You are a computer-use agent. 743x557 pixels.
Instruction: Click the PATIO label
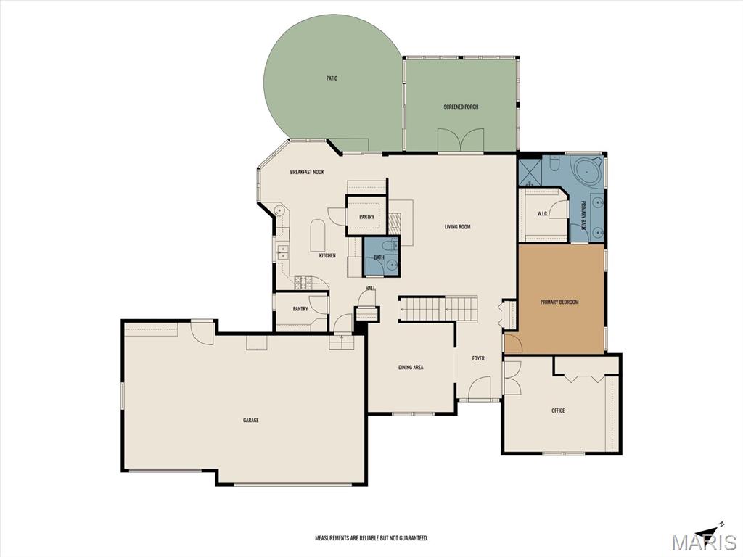point(332,78)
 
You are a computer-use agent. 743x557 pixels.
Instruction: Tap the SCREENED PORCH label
point(461,107)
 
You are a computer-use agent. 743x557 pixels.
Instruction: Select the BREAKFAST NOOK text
point(307,172)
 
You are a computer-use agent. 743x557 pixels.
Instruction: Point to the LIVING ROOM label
point(457,227)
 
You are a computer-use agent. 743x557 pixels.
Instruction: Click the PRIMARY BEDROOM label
point(559,302)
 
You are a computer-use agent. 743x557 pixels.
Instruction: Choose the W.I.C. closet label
point(543,214)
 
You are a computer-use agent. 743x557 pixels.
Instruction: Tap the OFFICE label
point(558,410)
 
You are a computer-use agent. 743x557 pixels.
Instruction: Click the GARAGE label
point(250,420)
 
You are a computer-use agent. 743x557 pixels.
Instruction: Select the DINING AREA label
point(411,367)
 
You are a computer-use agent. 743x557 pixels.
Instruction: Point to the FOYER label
point(478,358)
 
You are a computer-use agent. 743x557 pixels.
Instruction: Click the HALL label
point(371,288)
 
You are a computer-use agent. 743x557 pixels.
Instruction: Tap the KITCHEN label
point(327,256)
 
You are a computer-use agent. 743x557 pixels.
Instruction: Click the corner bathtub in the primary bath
point(588,171)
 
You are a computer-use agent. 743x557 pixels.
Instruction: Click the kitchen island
point(318,236)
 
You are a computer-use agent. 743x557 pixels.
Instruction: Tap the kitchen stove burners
point(303,283)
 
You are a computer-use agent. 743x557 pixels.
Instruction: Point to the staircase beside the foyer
point(438,309)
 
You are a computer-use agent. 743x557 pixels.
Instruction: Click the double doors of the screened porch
point(461,140)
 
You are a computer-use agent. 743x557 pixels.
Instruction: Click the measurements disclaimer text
point(371,538)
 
